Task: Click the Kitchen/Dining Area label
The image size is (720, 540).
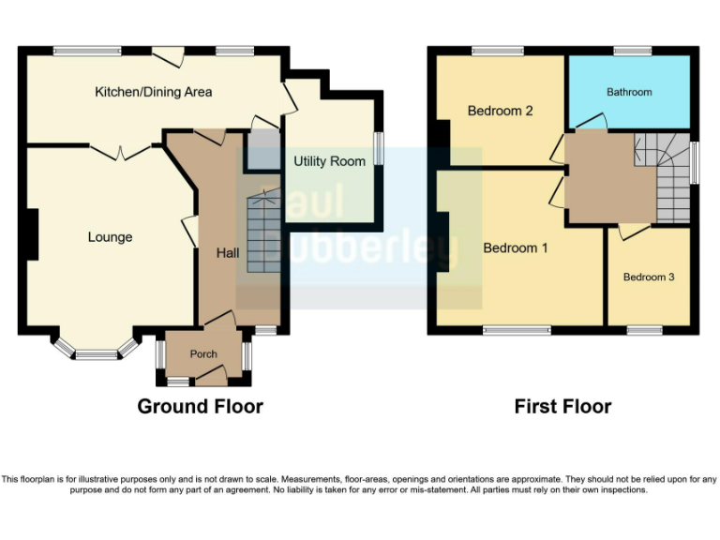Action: pyautogui.click(x=154, y=92)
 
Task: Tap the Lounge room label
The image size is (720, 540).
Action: pyautogui.click(x=110, y=237)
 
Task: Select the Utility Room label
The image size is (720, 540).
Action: pyautogui.click(x=329, y=161)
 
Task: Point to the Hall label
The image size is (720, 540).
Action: pyautogui.click(x=228, y=253)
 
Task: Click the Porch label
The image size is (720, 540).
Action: pyautogui.click(x=203, y=354)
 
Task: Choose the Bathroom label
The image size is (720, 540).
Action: pyautogui.click(x=628, y=92)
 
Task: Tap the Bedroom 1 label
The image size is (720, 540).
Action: pyautogui.click(x=516, y=248)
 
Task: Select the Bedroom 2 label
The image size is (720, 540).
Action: pyautogui.click(x=501, y=111)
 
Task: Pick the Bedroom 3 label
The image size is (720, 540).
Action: pyautogui.click(x=649, y=277)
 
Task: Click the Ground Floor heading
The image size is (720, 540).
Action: pyautogui.click(x=200, y=406)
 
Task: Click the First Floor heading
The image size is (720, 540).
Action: pyautogui.click(x=562, y=406)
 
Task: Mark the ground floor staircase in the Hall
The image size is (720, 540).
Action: pyautogui.click(x=263, y=234)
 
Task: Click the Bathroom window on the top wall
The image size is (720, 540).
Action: pyautogui.click(x=633, y=50)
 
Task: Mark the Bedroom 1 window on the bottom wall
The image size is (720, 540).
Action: pyautogui.click(x=517, y=329)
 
